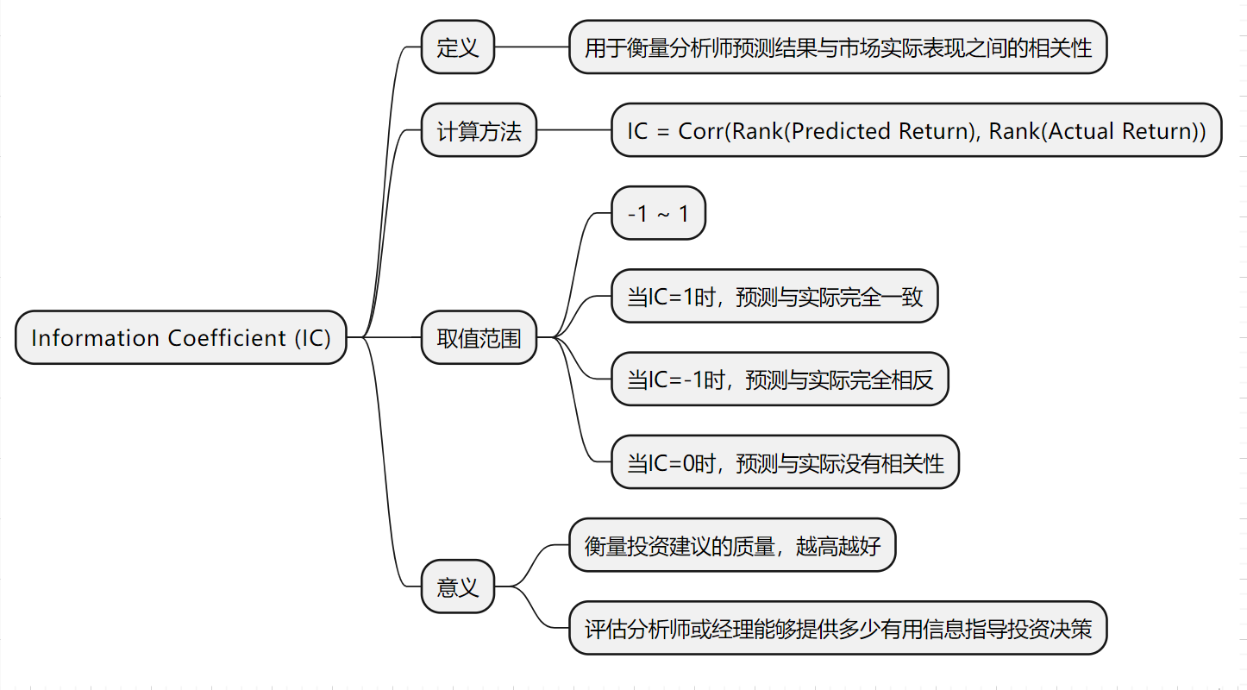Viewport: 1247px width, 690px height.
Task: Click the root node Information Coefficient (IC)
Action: click(x=180, y=337)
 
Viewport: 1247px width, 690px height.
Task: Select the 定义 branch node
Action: click(x=457, y=47)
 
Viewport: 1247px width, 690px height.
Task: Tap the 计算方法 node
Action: click(x=479, y=130)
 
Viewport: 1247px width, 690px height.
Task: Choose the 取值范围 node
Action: click(x=479, y=337)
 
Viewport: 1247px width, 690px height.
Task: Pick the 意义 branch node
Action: click(x=457, y=586)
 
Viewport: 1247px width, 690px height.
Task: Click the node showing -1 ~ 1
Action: click(x=658, y=213)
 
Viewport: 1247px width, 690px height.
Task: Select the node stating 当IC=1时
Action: click(x=774, y=296)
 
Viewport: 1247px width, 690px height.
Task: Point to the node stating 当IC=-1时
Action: click(x=779, y=379)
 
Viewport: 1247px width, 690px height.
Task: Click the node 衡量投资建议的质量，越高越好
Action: click(x=731, y=545)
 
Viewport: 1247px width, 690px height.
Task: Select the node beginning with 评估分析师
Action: click(x=837, y=628)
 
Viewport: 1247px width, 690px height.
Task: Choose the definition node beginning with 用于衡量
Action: click(x=837, y=47)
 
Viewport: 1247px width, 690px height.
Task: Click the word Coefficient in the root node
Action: click(x=227, y=337)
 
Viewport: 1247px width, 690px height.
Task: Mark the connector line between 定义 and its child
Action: click(x=531, y=47)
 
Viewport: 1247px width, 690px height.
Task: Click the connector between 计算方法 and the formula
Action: click(x=573, y=130)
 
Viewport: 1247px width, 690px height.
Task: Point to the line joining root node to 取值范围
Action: click(x=392, y=337)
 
